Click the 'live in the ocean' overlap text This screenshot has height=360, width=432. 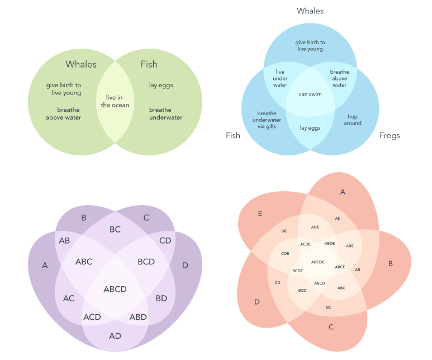click(115, 101)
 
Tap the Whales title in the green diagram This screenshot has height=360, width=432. click(81, 64)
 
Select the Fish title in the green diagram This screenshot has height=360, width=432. click(149, 64)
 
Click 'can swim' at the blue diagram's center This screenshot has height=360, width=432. click(310, 94)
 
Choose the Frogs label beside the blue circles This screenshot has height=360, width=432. click(390, 135)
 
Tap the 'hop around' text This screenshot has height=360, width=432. click(353, 120)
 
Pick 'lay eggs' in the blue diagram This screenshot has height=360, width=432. click(310, 128)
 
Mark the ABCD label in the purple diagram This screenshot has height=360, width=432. click(115, 289)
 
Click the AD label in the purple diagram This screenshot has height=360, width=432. click(115, 336)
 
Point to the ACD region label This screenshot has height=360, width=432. click(92, 318)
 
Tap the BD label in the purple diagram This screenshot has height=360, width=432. click(161, 299)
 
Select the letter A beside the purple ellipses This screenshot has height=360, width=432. click(45, 266)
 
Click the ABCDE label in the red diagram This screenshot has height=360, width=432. click(317, 262)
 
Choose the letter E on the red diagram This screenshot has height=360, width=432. click(260, 214)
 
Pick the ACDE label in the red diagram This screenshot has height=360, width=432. click(305, 244)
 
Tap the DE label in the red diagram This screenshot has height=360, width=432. click(284, 230)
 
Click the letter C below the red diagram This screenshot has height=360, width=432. click(331, 326)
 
